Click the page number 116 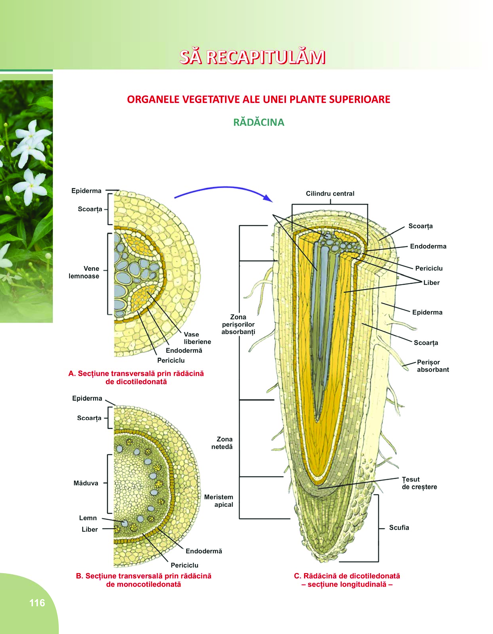click(37, 603)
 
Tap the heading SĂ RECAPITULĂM click(252, 57)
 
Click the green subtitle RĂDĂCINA click(259, 122)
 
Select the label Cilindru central click(330, 194)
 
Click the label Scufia click(399, 527)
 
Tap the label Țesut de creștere click(419, 483)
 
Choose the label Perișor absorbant click(433, 366)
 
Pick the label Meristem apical click(219, 501)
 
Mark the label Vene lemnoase click(84, 272)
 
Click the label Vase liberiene click(197, 338)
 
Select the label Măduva click(86, 483)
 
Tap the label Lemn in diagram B click(88, 518)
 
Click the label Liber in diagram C click(431, 283)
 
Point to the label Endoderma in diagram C click(428, 246)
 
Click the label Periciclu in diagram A click(171, 360)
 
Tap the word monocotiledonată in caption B click(144, 584)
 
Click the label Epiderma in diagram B click(87, 398)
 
